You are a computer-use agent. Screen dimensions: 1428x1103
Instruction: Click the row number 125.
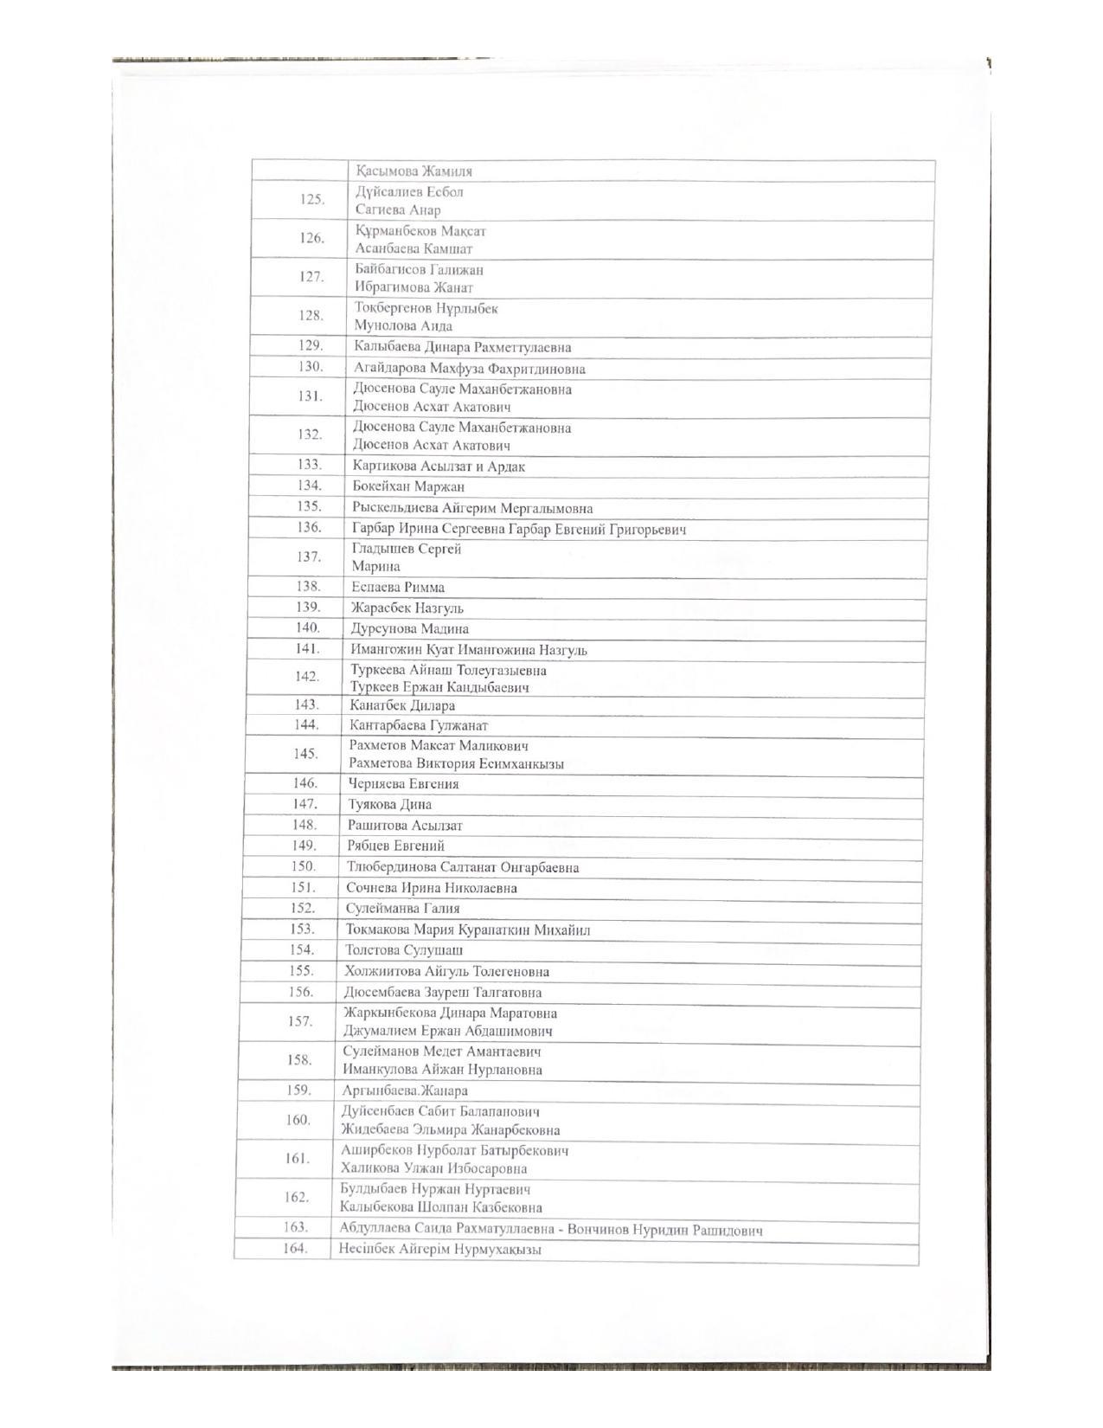click(x=312, y=200)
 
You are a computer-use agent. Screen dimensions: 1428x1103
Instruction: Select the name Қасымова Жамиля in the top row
click(x=414, y=171)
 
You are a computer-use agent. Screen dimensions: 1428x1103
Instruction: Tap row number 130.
click(x=311, y=366)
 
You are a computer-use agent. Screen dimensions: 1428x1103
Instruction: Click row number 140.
click(x=307, y=627)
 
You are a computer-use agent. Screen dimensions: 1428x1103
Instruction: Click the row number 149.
click(x=304, y=845)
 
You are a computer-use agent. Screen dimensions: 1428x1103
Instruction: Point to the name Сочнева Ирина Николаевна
click(x=432, y=888)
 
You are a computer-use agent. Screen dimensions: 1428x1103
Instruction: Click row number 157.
click(x=300, y=1021)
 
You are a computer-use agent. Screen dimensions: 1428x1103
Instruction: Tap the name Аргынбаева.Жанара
click(x=404, y=1090)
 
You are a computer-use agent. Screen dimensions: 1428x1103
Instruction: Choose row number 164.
click(x=296, y=1249)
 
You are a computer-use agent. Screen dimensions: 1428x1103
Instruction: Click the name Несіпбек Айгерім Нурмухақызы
click(x=440, y=1250)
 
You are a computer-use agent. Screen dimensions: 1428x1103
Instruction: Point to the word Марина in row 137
click(x=375, y=567)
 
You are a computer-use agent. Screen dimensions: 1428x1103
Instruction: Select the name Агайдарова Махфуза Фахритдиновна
click(x=469, y=369)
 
